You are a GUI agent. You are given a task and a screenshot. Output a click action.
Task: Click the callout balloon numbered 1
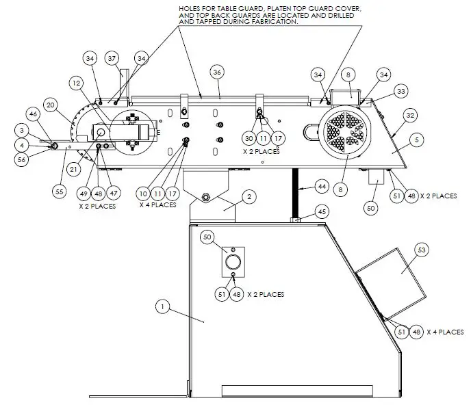click(x=162, y=308)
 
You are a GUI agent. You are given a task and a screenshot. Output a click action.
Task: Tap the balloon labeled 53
click(x=422, y=251)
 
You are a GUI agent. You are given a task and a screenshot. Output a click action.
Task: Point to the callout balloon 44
click(x=322, y=185)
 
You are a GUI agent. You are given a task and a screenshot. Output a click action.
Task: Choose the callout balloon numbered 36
click(x=217, y=72)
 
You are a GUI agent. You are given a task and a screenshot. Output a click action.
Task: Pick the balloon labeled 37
click(x=112, y=58)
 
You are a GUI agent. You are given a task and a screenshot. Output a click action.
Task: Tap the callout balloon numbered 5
click(x=416, y=140)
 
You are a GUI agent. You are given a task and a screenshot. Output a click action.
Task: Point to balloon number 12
click(x=77, y=83)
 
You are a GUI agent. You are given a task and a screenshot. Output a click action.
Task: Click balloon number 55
click(x=60, y=192)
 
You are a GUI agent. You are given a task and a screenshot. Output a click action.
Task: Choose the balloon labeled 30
click(x=250, y=137)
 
